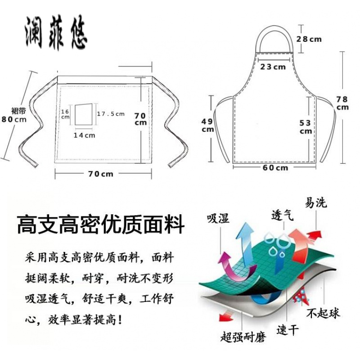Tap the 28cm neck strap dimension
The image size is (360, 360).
click(x=309, y=39)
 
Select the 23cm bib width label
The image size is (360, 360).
click(x=273, y=67)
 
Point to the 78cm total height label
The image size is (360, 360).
click(x=343, y=103)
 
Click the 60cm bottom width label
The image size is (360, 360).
click(x=275, y=168)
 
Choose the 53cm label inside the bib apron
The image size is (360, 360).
click(x=306, y=126)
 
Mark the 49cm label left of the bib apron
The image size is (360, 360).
click(x=207, y=125)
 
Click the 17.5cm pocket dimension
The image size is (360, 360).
click(x=111, y=114)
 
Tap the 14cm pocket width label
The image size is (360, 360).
click(x=85, y=135)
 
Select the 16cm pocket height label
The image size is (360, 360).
click(x=65, y=114)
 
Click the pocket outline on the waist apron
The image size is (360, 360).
click(x=83, y=115)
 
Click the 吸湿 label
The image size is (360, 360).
click(x=218, y=219)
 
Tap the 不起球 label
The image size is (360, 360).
click(x=323, y=313)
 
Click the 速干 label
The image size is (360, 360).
click(x=288, y=330)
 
